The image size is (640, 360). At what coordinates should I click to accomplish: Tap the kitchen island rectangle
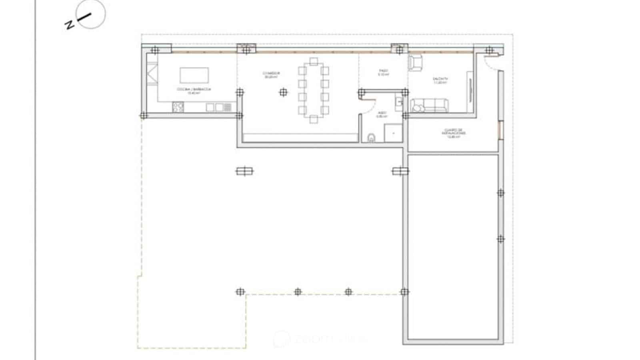[194, 75]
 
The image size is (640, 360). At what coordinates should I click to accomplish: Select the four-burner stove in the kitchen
[178, 107]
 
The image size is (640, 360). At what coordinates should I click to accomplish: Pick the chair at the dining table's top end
[314, 61]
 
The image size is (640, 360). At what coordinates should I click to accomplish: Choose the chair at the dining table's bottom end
[314, 119]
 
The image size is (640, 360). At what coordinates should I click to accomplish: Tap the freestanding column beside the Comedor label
[283, 93]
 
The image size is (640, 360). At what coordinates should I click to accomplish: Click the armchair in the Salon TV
[415, 63]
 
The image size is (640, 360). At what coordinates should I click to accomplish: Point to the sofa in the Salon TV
[429, 106]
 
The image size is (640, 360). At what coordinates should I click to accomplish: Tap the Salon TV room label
[440, 80]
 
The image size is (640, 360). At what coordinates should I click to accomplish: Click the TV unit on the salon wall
[470, 91]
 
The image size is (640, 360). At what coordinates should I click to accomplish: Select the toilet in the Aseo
[372, 138]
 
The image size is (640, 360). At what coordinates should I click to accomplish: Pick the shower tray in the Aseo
[393, 133]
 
